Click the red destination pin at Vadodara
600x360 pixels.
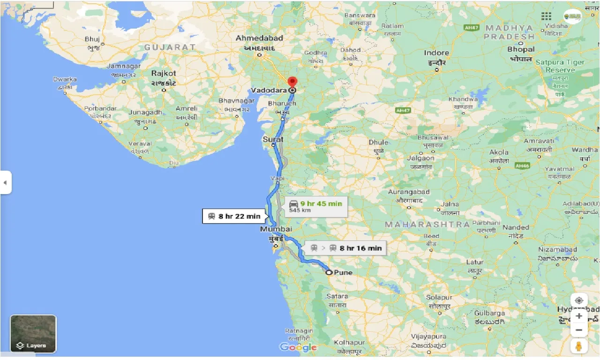[x=292, y=82]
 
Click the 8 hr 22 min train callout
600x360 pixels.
[x=234, y=216]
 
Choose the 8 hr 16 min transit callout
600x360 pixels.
[x=346, y=248]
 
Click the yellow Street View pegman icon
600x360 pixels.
[x=579, y=346]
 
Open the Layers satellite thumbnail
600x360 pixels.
[x=33, y=334]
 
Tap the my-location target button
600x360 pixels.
[x=579, y=300]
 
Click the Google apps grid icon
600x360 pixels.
[x=546, y=16]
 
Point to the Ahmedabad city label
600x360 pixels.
[x=259, y=37]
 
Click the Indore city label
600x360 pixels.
[x=436, y=53]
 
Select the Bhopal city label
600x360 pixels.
[x=521, y=49]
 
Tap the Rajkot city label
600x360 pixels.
[x=164, y=73]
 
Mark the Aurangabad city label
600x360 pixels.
[x=409, y=192]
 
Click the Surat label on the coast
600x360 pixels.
[x=273, y=139]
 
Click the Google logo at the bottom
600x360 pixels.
[x=298, y=347]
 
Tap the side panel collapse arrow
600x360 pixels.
[x=5, y=182]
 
